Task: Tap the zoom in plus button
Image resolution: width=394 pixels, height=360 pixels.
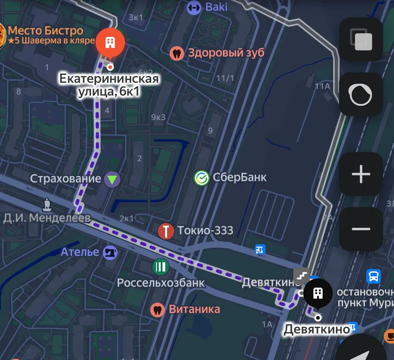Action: (361, 174)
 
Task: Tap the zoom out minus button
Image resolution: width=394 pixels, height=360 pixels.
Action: (361, 229)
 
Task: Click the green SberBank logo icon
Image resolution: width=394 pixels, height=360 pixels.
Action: (202, 178)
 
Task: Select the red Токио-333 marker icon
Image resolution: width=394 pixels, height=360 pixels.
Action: (166, 231)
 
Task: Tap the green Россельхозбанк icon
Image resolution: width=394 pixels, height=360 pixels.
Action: (160, 267)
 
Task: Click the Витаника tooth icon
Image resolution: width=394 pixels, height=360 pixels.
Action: (158, 309)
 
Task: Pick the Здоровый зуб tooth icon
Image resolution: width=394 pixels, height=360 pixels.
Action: (177, 52)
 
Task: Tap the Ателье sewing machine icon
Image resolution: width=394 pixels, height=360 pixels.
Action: (110, 253)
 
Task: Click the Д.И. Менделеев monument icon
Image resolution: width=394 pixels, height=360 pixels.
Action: (47, 204)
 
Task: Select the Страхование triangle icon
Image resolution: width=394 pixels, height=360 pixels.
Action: (112, 179)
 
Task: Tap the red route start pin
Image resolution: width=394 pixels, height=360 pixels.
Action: (110, 43)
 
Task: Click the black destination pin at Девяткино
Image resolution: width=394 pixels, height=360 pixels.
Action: (318, 293)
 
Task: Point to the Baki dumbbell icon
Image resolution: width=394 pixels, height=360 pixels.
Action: (193, 7)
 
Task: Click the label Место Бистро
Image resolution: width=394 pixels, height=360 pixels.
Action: (45, 31)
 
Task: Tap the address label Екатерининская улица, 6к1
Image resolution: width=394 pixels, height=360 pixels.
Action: (109, 85)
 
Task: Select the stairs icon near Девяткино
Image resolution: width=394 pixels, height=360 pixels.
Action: (302, 276)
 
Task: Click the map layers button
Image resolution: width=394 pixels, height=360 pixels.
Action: (361, 39)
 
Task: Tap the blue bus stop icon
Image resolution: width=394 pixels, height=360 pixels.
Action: (373, 276)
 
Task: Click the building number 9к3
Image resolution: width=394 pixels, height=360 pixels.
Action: (158, 117)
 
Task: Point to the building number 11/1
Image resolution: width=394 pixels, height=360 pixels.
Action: (225, 78)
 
